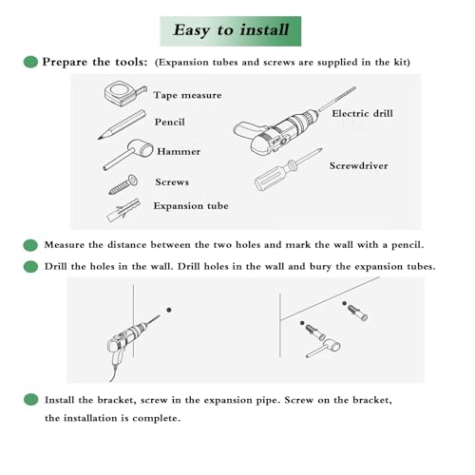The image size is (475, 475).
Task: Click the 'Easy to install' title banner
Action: pos(231,31)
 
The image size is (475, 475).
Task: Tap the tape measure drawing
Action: pos(125,93)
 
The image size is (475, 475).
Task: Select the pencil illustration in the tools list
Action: pos(122,124)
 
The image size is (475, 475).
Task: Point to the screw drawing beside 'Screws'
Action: pos(123,184)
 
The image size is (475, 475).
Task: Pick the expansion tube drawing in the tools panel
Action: pos(123,210)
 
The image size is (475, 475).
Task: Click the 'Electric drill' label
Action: pos(362,113)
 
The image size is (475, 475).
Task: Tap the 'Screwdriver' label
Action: pos(358,165)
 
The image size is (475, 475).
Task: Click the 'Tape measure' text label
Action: pos(187,95)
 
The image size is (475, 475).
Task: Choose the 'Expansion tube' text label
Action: pos(191,206)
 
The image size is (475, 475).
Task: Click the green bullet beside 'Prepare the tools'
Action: pos(30,62)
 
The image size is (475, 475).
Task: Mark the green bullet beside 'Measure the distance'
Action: pos(30,245)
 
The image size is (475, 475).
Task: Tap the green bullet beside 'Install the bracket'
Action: pos(30,400)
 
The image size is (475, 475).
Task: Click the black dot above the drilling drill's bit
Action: pos(169,310)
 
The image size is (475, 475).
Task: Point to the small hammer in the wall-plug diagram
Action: pos(324,348)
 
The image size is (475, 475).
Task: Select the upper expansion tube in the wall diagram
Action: pos(358,313)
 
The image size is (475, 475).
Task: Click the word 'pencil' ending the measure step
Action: pos(408,245)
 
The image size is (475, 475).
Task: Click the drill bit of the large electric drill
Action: pos(337,99)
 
